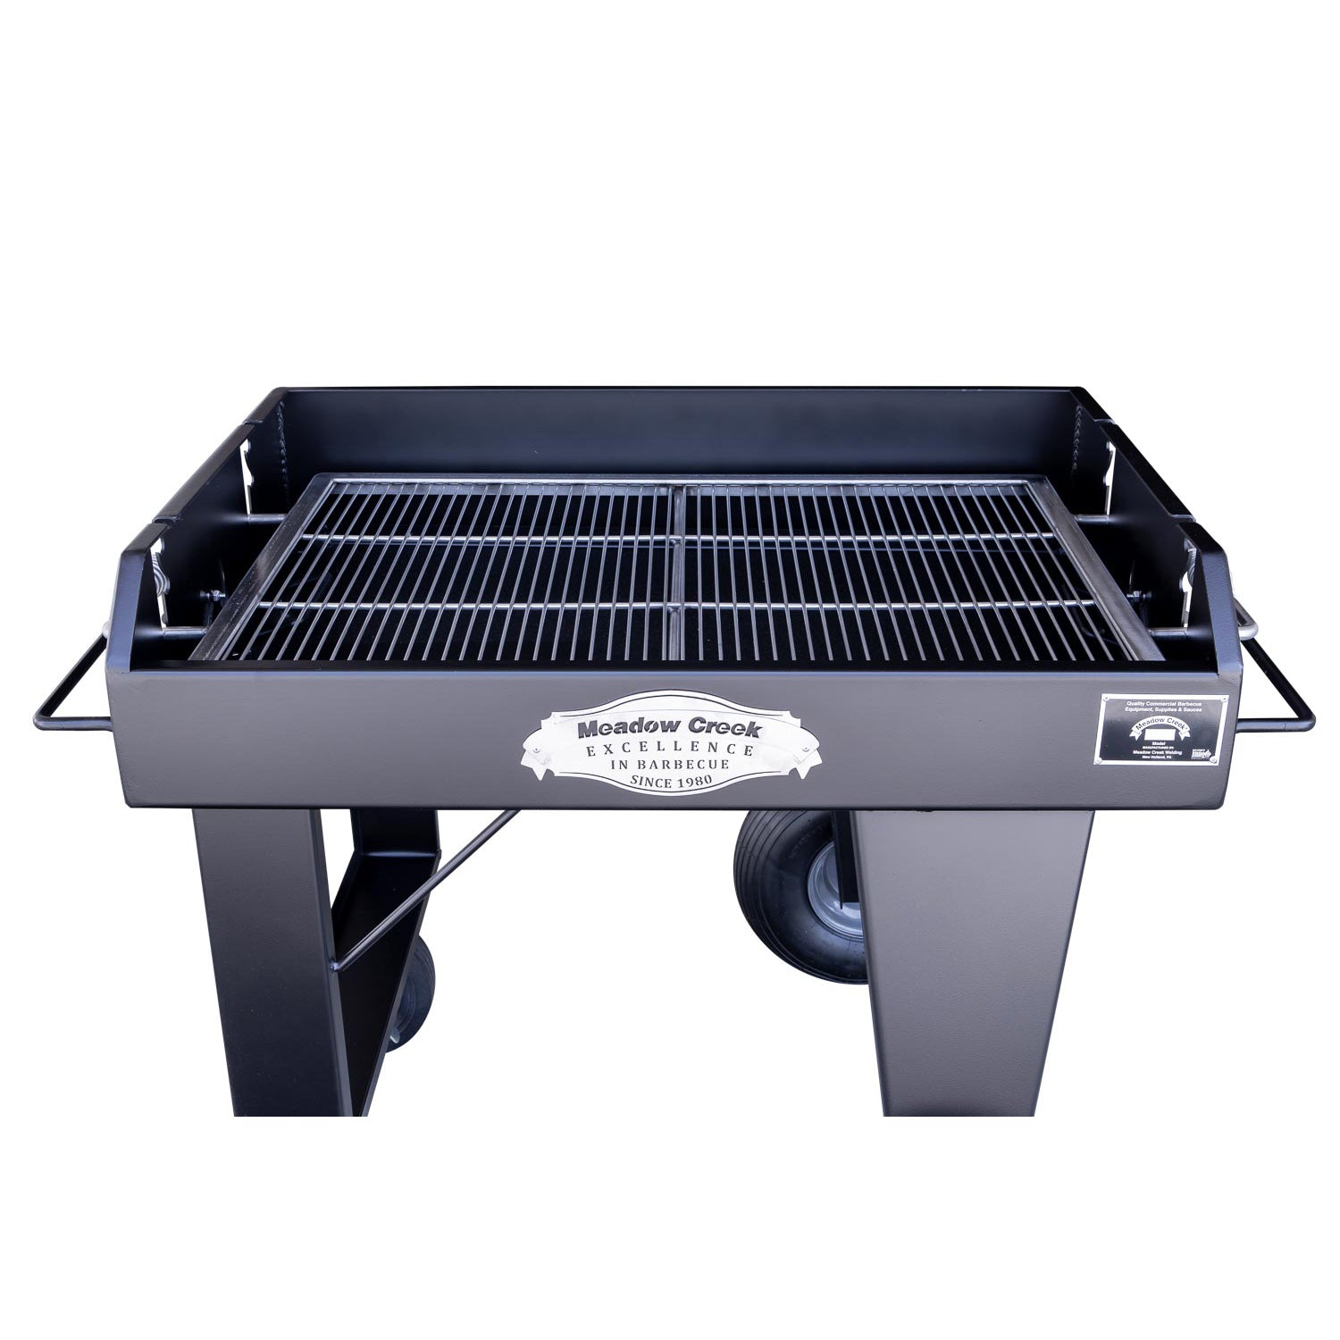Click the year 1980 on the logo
coord(694,783)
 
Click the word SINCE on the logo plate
coord(649,783)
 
